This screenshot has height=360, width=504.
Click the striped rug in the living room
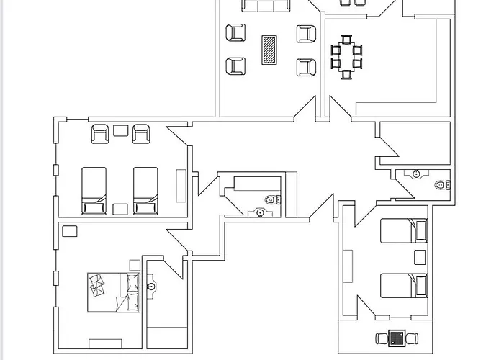(270, 50)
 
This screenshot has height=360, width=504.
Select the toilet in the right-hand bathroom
(441, 185)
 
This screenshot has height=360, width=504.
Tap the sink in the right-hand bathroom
(416, 174)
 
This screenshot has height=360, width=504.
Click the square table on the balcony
(397, 338)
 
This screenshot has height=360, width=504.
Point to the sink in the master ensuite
(151, 287)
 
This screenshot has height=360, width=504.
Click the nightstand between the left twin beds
(120, 209)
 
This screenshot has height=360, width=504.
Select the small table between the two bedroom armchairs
(120, 131)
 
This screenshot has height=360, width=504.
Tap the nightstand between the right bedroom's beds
(419, 258)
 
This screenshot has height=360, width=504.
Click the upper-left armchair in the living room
(236, 33)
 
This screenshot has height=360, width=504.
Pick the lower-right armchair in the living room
(306, 67)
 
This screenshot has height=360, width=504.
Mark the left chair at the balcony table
(382, 338)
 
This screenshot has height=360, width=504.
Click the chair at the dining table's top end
(346, 39)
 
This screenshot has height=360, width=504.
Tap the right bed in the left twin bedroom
(145, 190)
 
